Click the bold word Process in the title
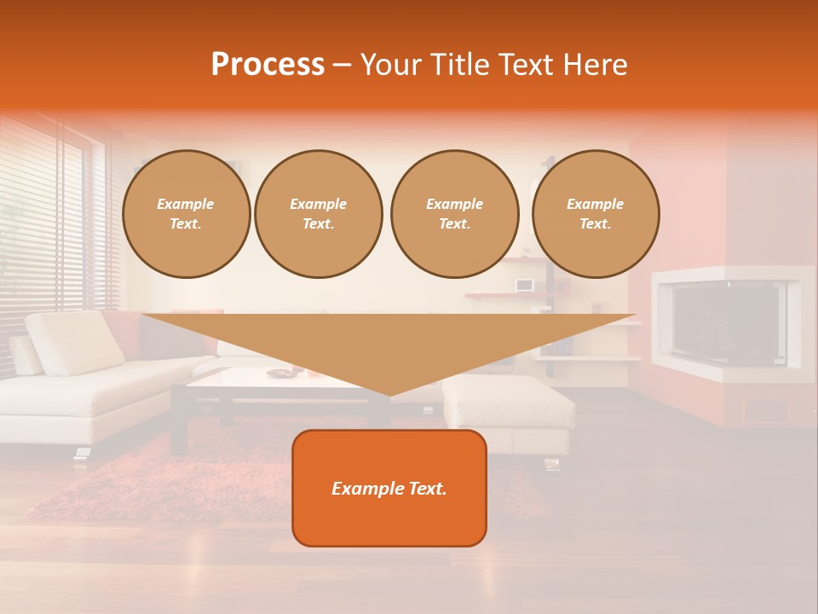click(x=268, y=65)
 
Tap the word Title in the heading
click(x=459, y=65)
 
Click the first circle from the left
click(x=186, y=214)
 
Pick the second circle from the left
click(x=318, y=214)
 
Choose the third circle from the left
click(x=454, y=214)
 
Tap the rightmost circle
click(x=595, y=214)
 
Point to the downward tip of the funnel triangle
click(x=389, y=393)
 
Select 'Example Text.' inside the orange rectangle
click(x=389, y=489)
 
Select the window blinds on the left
click(x=43, y=222)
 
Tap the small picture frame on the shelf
click(x=524, y=285)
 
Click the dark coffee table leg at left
click(x=179, y=422)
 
